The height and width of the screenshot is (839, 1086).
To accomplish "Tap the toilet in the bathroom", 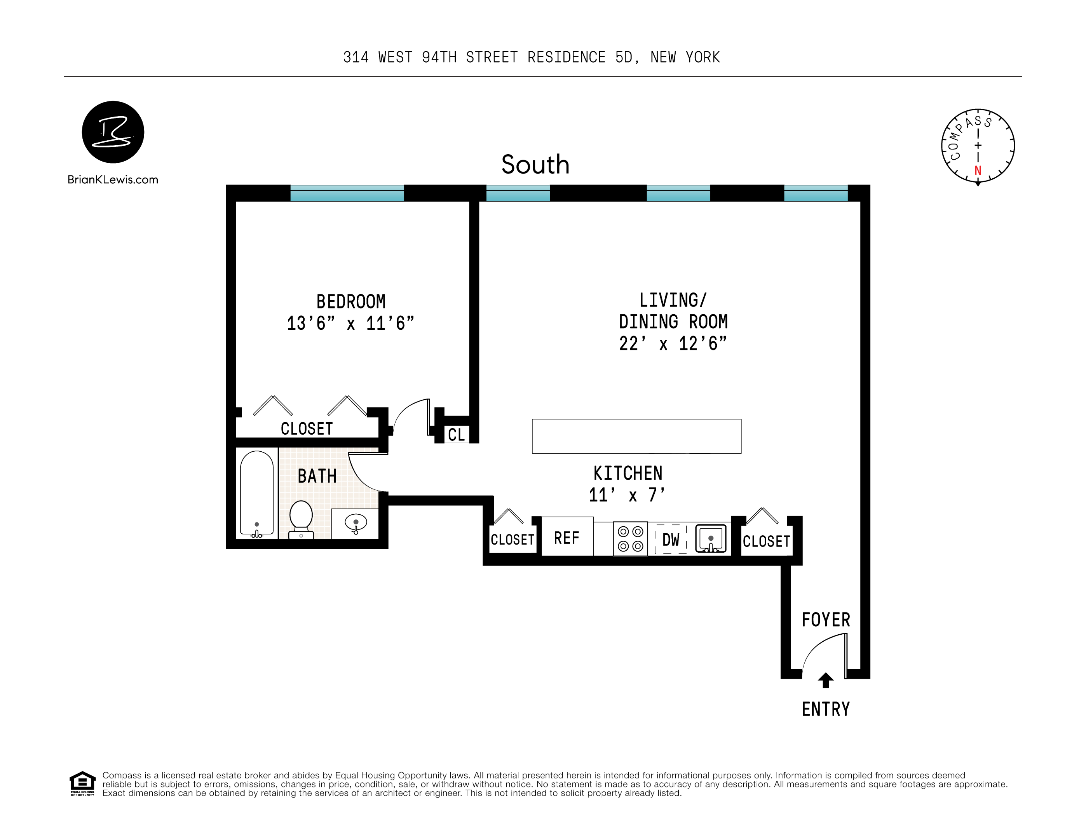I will [x=301, y=519].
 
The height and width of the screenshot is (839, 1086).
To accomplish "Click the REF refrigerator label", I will [x=567, y=538].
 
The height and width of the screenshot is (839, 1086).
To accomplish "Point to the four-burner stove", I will [x=630, y=539].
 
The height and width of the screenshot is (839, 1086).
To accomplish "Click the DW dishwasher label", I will [x=670, y=540].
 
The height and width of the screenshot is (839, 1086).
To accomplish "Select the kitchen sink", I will [x=710, y=539].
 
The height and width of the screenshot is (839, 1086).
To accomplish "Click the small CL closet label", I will [x=456, y=435].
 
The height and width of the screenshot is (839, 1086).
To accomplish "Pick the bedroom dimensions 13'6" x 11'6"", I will [x=350, y=324].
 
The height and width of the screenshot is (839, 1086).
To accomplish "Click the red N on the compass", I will [x=978, y=171].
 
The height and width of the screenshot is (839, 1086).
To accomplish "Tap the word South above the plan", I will [x=535, y=165].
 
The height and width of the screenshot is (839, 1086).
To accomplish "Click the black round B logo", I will [x=113, y=132].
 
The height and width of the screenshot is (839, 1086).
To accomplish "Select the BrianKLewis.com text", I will [x=113, y=180].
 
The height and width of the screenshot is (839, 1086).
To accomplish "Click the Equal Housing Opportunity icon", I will [x=82, y=783].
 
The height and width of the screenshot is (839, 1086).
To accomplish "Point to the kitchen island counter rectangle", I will [x=636, y=436].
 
